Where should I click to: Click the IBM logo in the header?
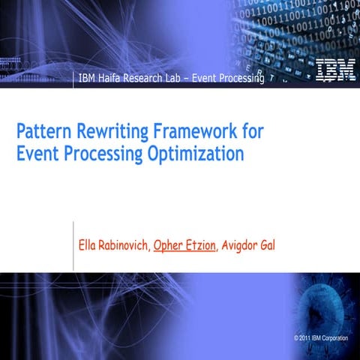tap(331, 70)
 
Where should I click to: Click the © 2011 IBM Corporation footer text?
tap(321, 340)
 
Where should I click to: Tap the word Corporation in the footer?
tap(334, 340)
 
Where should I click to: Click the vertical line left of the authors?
tap(73, 245)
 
